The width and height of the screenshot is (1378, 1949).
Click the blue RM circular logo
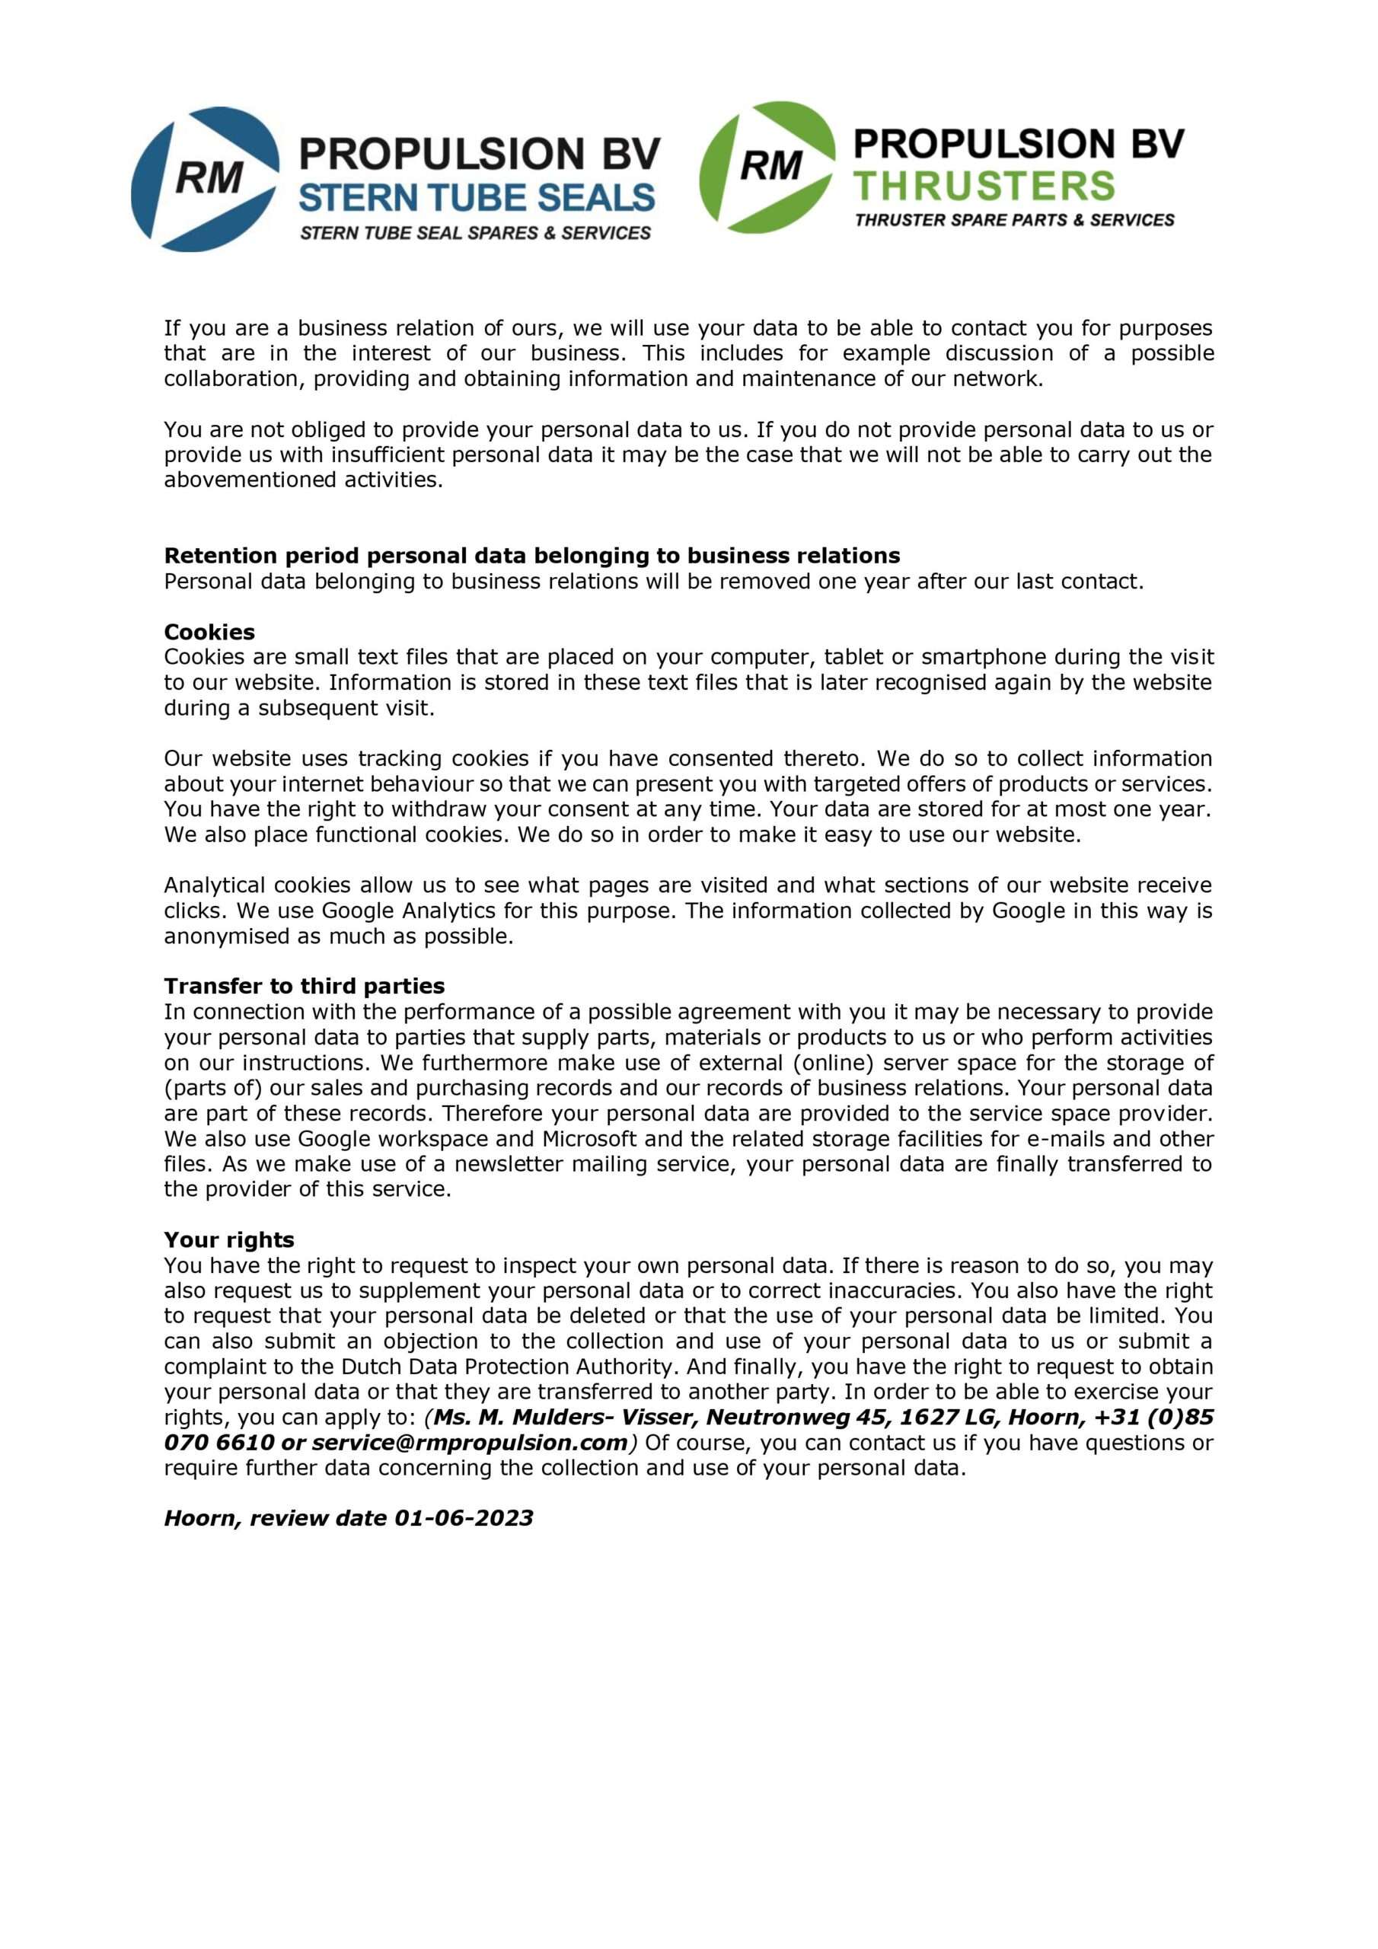coord(205,179)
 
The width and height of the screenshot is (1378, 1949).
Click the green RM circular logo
coord(767,167)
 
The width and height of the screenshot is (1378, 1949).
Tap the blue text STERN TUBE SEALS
coord(477,198)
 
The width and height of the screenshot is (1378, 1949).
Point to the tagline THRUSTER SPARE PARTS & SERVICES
coord(1015,220)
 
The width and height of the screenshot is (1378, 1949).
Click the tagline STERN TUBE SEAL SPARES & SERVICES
coord(476,233)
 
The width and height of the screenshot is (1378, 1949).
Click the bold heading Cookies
coord(209,632)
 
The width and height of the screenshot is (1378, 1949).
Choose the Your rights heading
coord(228,1239)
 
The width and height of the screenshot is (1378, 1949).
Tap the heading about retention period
coord(531,555)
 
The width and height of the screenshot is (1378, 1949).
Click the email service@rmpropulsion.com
coord(470,1442)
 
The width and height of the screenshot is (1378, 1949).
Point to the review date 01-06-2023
coord(464,1518)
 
